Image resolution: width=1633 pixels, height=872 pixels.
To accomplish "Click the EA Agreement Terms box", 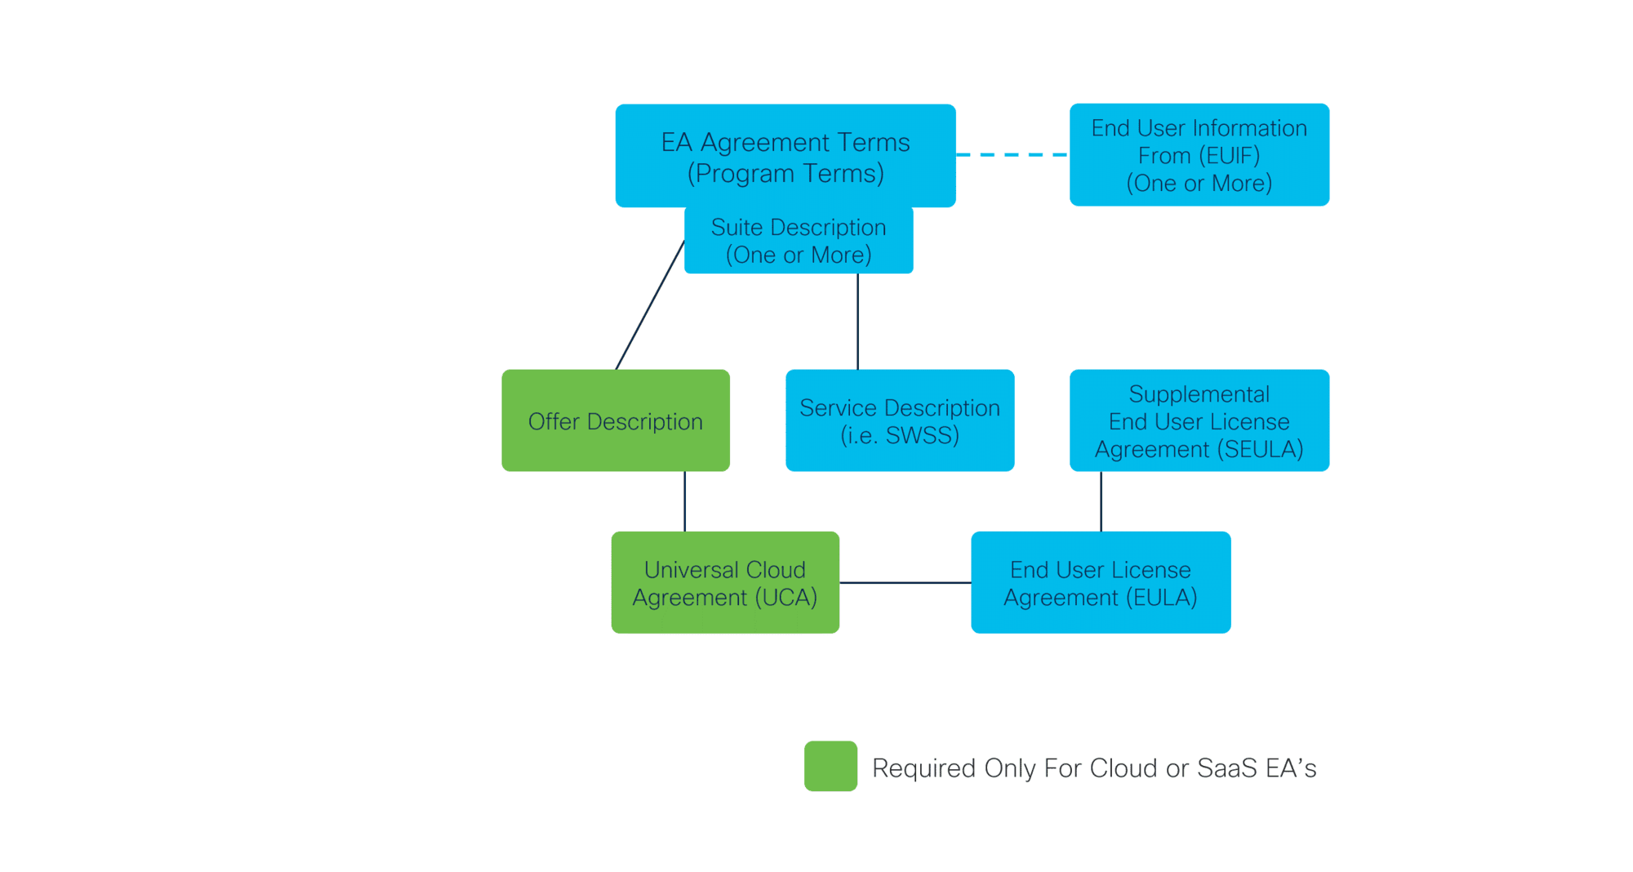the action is pos(785,155).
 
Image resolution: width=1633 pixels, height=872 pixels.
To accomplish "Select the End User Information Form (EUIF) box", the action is pos(1199,154).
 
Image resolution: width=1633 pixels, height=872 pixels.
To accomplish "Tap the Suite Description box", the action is pos(799,241).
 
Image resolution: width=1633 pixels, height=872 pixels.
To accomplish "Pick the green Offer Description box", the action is pos(616,420).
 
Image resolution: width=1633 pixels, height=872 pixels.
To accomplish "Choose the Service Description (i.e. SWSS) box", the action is pos(900,420).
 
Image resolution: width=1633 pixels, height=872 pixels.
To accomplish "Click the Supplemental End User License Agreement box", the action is pos(1199,420).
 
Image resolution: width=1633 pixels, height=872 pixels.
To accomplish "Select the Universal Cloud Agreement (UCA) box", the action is pos(725,582).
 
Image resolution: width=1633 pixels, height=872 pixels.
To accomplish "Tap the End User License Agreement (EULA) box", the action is pos(1101,582).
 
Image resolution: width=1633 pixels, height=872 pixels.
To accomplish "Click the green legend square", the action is pos(830,766).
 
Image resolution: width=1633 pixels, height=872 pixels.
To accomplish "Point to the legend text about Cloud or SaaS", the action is pos(1094,768).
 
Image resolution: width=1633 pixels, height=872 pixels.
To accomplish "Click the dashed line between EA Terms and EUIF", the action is pos(1012,154).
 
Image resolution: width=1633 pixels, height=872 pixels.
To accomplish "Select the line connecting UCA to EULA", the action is pos(905,582).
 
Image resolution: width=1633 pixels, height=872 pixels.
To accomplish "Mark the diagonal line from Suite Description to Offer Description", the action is pos(650,305).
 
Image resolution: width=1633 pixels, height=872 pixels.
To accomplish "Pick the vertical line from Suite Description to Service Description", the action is pos(857,322).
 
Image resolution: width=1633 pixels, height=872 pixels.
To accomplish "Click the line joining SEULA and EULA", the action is pos(1101,501).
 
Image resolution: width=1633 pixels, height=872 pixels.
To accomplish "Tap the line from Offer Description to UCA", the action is pos(684,501).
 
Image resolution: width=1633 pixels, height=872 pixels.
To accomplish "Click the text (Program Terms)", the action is pos(785,173).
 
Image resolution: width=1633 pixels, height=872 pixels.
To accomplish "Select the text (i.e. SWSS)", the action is pos(900,435).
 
